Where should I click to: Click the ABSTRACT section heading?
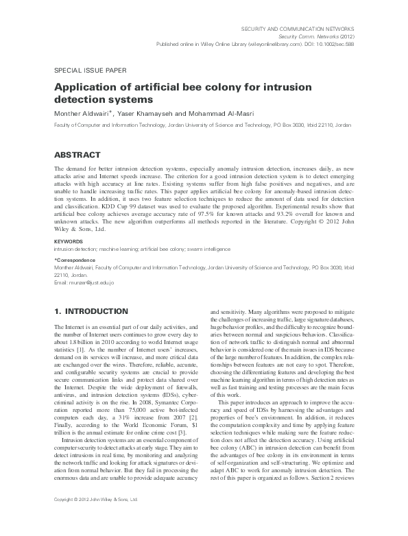click(x=77, y=155)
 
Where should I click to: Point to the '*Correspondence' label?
click(x=73, y=260)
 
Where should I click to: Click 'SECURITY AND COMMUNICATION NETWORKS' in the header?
click(x=304, y=27)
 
